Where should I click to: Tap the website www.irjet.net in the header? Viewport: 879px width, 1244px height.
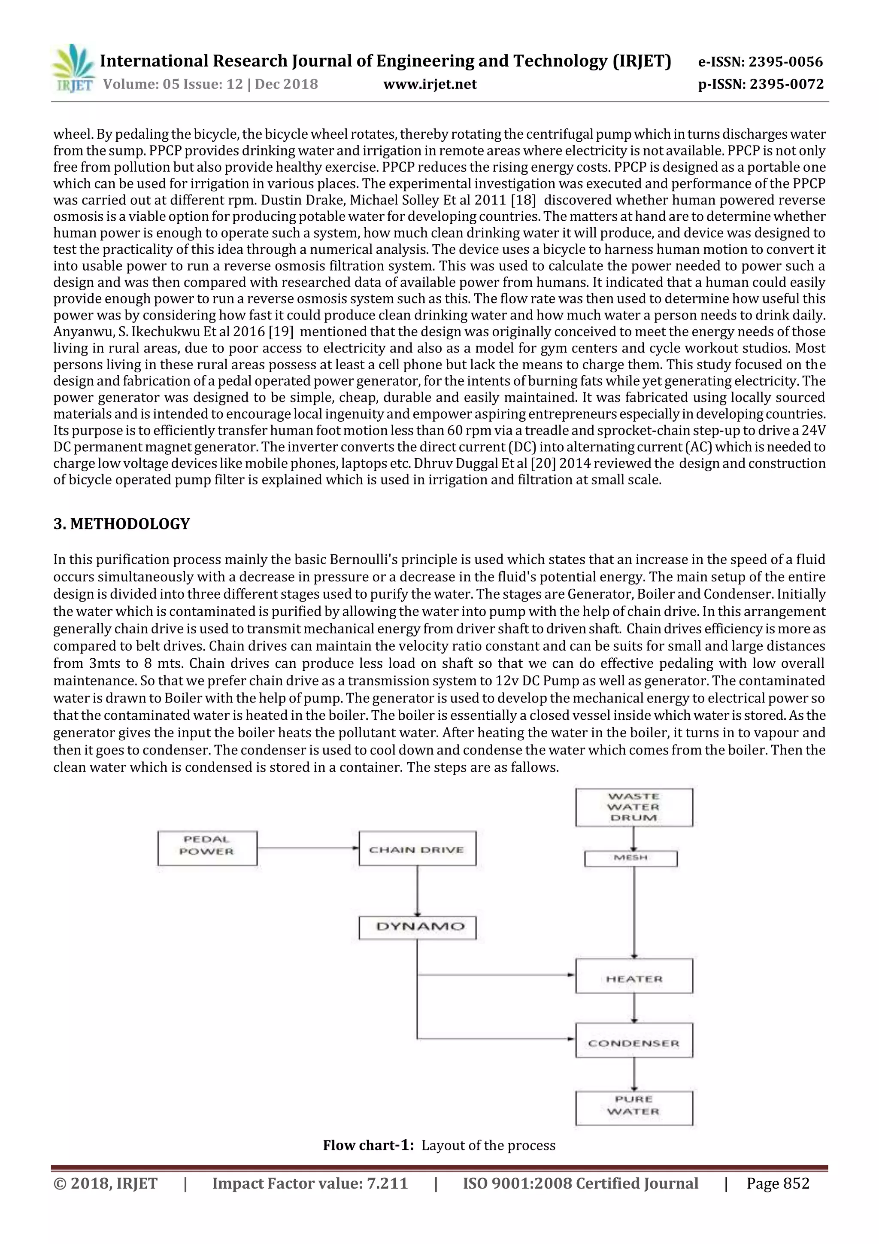point(430,84)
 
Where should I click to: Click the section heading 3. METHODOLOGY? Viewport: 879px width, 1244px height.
point(121,524)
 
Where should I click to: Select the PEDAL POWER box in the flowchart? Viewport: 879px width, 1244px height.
point(207,848)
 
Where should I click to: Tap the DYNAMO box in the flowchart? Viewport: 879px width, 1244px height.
point(417,927)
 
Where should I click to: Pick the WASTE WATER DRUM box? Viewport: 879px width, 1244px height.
point(633,807)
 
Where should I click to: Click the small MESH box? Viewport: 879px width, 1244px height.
point(630,858)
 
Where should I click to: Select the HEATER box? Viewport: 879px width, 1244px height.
point(633,979)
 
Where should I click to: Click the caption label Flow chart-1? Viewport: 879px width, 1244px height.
point(368,1145)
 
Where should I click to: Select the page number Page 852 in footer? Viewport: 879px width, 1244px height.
point(777,1184)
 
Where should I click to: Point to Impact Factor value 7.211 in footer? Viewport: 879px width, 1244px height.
point(309,1184)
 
